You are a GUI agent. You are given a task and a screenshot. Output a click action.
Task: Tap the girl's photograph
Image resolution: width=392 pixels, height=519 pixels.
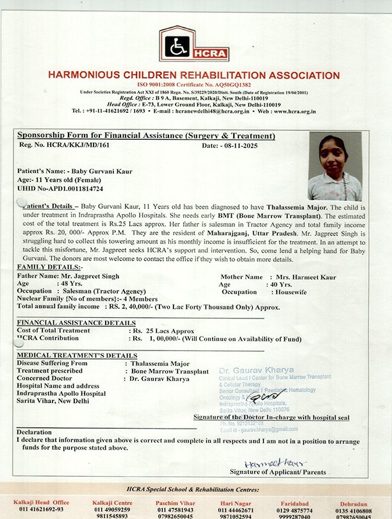click(x=335, y=166)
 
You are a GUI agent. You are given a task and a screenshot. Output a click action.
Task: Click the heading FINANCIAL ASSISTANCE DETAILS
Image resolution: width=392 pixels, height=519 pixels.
click(x=76, y=322)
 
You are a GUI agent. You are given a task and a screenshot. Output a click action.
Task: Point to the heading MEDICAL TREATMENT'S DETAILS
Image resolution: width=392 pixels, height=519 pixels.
click(x=77, y=355)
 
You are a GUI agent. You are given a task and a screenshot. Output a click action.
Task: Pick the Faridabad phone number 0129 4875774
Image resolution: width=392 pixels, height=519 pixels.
click(x=293, y=510)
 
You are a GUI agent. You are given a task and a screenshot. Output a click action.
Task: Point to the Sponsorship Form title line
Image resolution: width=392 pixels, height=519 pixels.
click(x=146, y=136)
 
